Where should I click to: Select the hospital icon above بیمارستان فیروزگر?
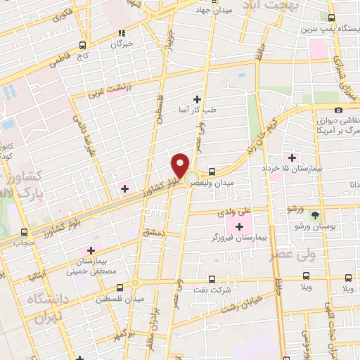click(239, 226)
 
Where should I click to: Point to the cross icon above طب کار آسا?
click(197, 99)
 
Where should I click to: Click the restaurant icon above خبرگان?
click(122, 32)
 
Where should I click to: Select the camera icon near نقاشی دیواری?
click(339, 110)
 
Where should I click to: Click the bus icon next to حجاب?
click(25, 233)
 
